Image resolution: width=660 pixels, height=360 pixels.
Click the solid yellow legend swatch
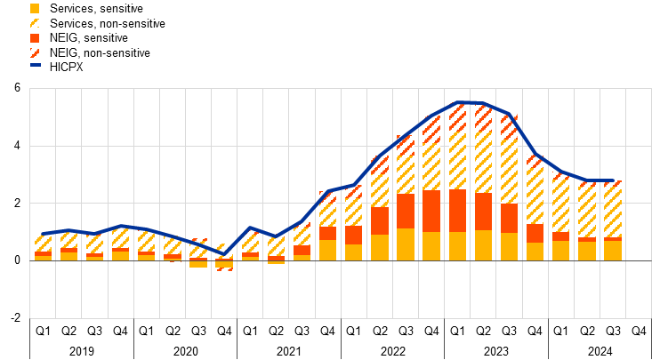[35, 8]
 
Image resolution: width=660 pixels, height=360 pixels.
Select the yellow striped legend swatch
[35, 23]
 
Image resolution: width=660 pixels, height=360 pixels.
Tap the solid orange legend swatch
[35, 38]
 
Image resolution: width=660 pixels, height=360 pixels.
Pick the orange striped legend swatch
[35, 52]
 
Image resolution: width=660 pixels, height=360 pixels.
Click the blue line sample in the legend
[35, 65]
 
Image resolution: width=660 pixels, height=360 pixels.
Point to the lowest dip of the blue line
[223, 254]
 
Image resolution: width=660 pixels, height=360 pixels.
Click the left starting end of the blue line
[43, 234]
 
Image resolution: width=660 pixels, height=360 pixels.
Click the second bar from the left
[68, 245]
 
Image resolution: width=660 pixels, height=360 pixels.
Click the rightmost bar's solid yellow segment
[612, 251]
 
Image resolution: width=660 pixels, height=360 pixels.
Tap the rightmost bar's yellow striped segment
[612, 210]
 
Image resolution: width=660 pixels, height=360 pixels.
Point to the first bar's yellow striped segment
[43, 242]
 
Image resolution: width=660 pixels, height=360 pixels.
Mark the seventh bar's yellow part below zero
[197, 264]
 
